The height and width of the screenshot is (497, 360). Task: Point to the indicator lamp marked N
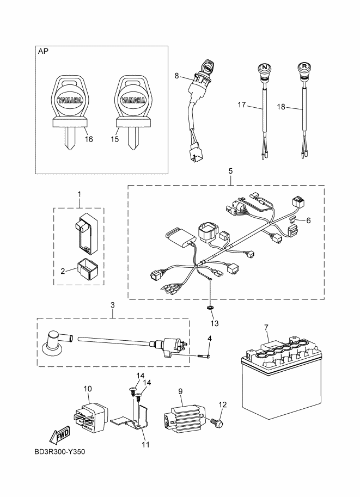click(x=264, y=69)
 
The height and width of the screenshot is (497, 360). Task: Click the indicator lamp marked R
click(x=303, y=69)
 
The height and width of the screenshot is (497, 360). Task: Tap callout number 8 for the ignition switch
click(x=176, y=76)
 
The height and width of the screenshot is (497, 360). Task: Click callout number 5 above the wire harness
click(x=230, y=171)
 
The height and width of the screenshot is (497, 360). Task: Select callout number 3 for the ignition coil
click(x=113, y=306)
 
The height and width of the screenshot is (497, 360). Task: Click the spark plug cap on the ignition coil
click(x=53, y=341)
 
